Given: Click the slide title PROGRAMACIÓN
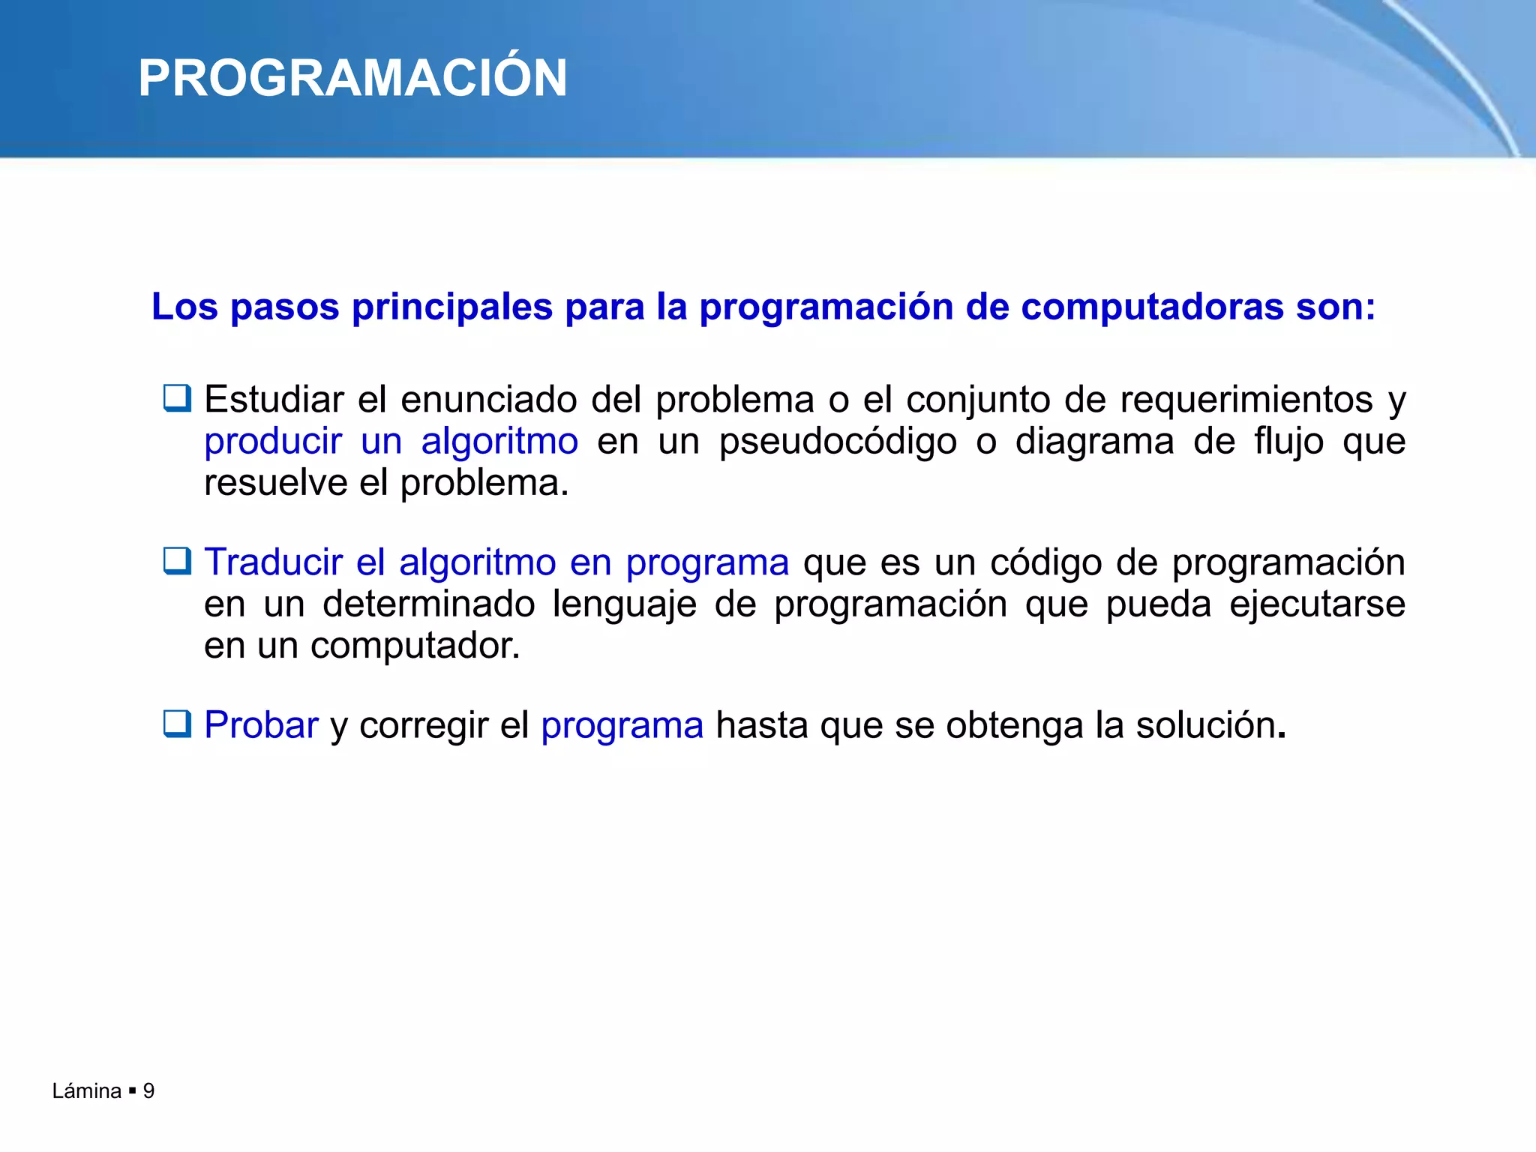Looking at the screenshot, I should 352,79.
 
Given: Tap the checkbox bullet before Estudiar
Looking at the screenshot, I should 178,397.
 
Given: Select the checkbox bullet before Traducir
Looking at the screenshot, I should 178,560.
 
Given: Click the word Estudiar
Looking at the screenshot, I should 274,399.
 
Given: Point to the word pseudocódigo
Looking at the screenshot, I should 838,441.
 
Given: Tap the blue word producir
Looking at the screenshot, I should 273,441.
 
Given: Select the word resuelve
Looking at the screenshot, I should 274,482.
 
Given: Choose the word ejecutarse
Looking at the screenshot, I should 1317,604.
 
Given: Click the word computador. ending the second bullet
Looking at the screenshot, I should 415,646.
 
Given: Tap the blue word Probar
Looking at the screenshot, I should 261,725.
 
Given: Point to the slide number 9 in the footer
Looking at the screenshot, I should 148,1090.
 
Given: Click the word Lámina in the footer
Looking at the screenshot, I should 86,1090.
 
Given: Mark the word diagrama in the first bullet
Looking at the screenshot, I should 1094,441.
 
